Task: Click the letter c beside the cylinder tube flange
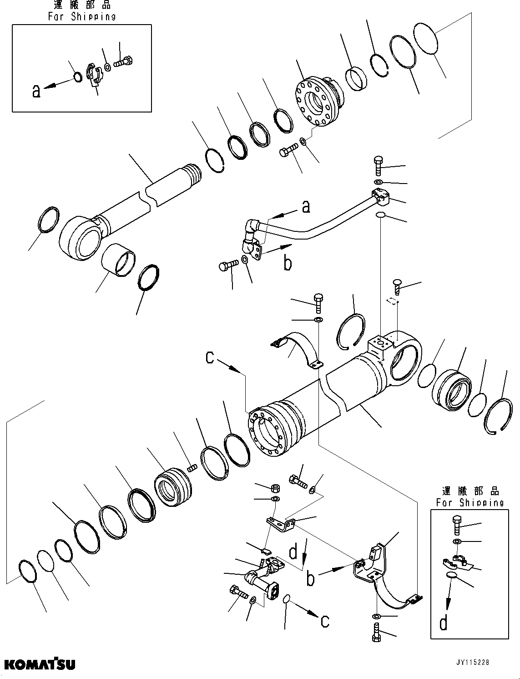click(210, 357)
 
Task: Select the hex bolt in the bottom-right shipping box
click(458, 524)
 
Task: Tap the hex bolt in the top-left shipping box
click(123, 61)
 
